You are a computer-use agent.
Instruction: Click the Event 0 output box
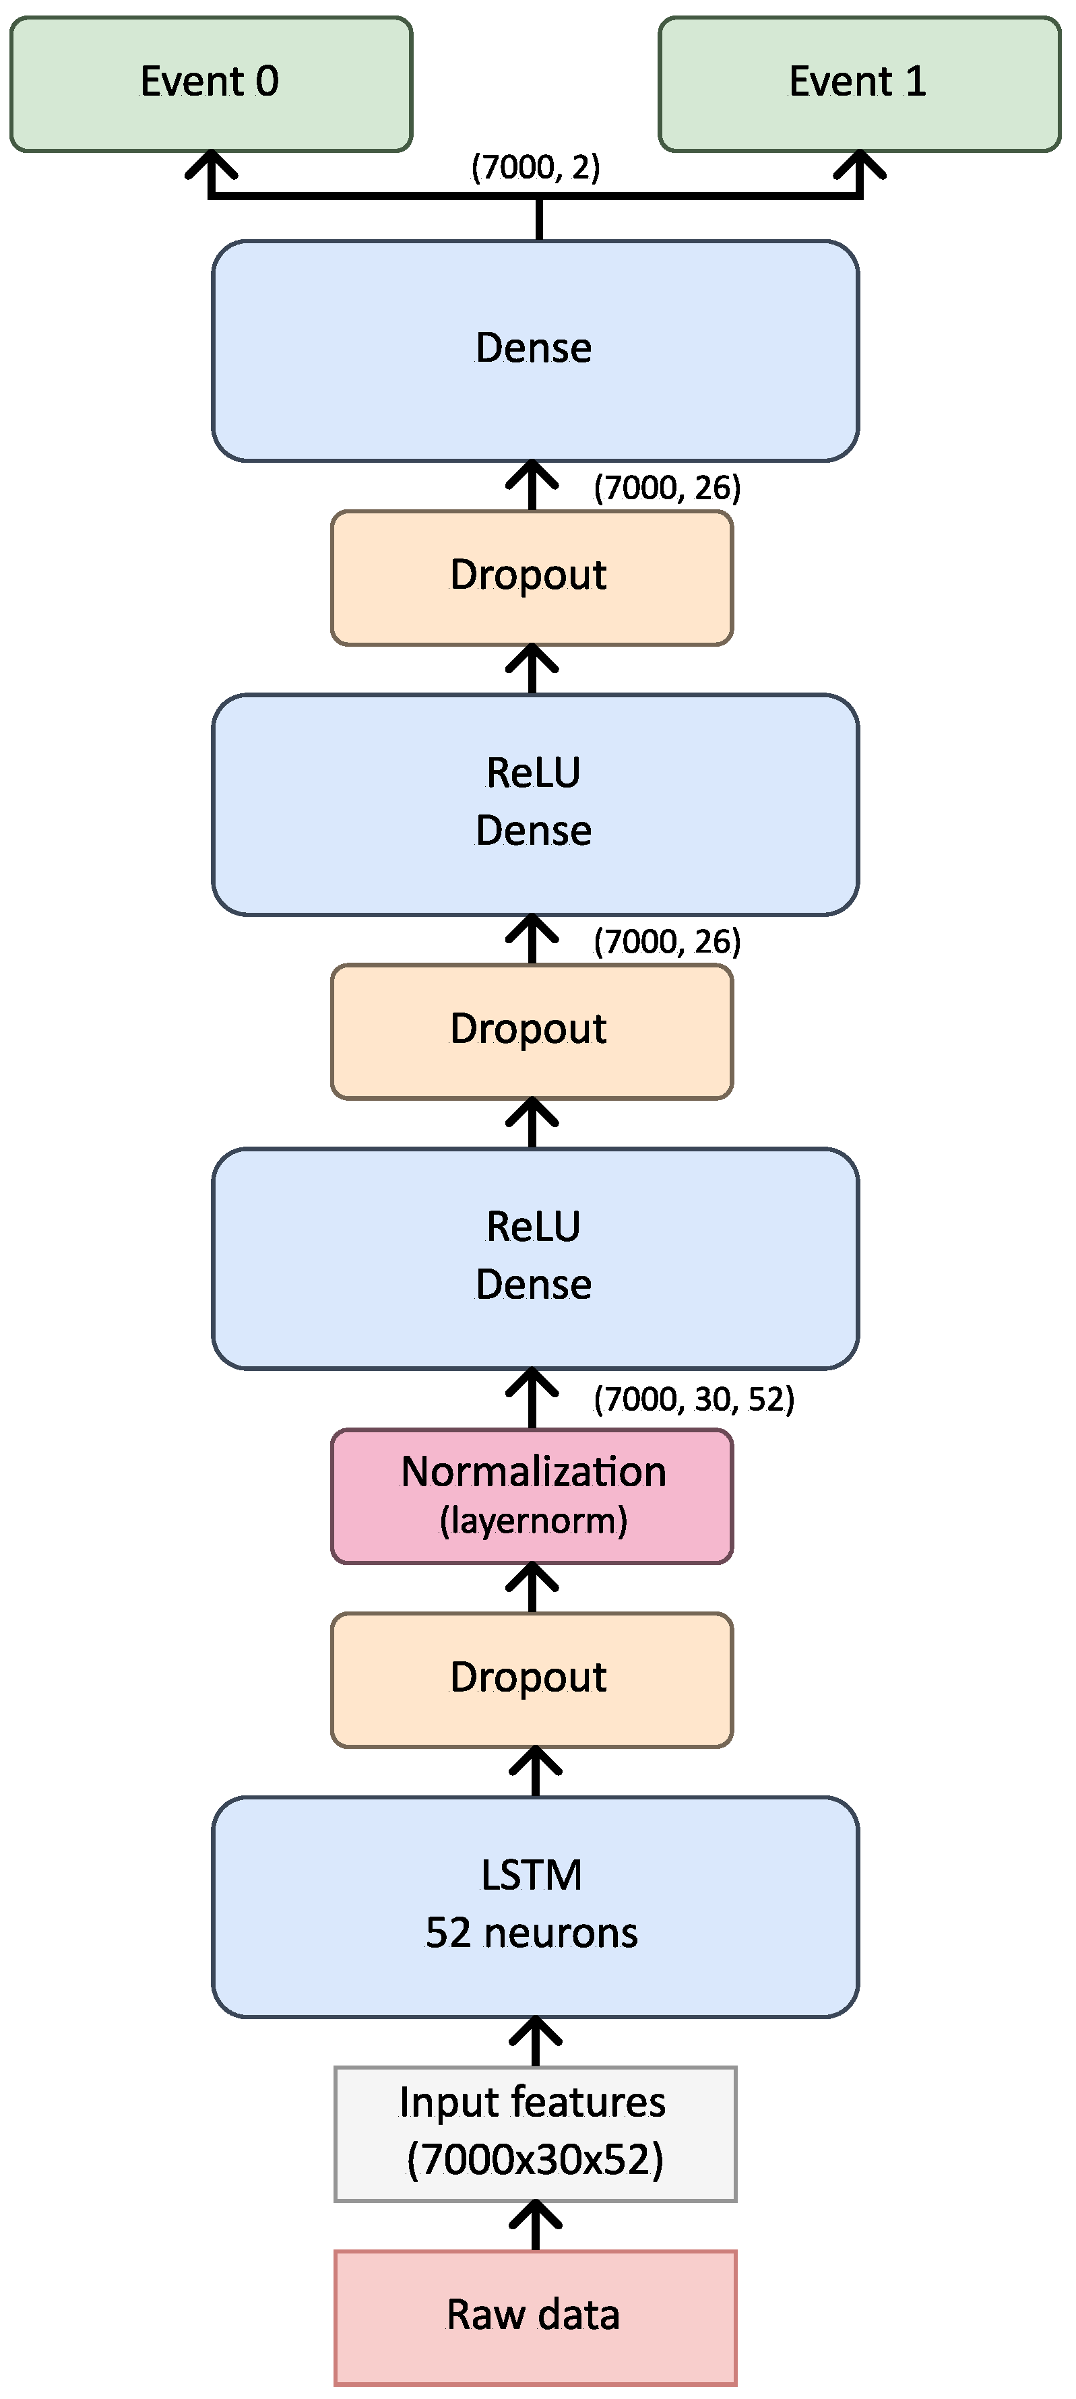click(x=210, y=84)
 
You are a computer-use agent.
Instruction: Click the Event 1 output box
click(x=859, y=84)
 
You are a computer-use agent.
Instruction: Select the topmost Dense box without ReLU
click(x=535, y=350)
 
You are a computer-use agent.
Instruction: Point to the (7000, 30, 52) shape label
click(x=693, y=1399)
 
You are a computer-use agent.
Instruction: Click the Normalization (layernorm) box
click(x=532, y=1496)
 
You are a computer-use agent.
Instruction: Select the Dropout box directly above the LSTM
click(x=532, y=1679)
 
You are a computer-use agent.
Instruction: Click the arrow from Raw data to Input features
click(x=536, y=2226)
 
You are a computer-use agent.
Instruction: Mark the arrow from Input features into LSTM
click(x=536, y=2043)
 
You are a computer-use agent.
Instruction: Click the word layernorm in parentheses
click(x=534, y=1522)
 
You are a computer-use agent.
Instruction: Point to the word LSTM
click(x=532, y=1876)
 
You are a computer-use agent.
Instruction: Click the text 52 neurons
click(x=532, y=1933)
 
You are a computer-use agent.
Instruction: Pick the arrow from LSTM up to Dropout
click(x=536, y=1771)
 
